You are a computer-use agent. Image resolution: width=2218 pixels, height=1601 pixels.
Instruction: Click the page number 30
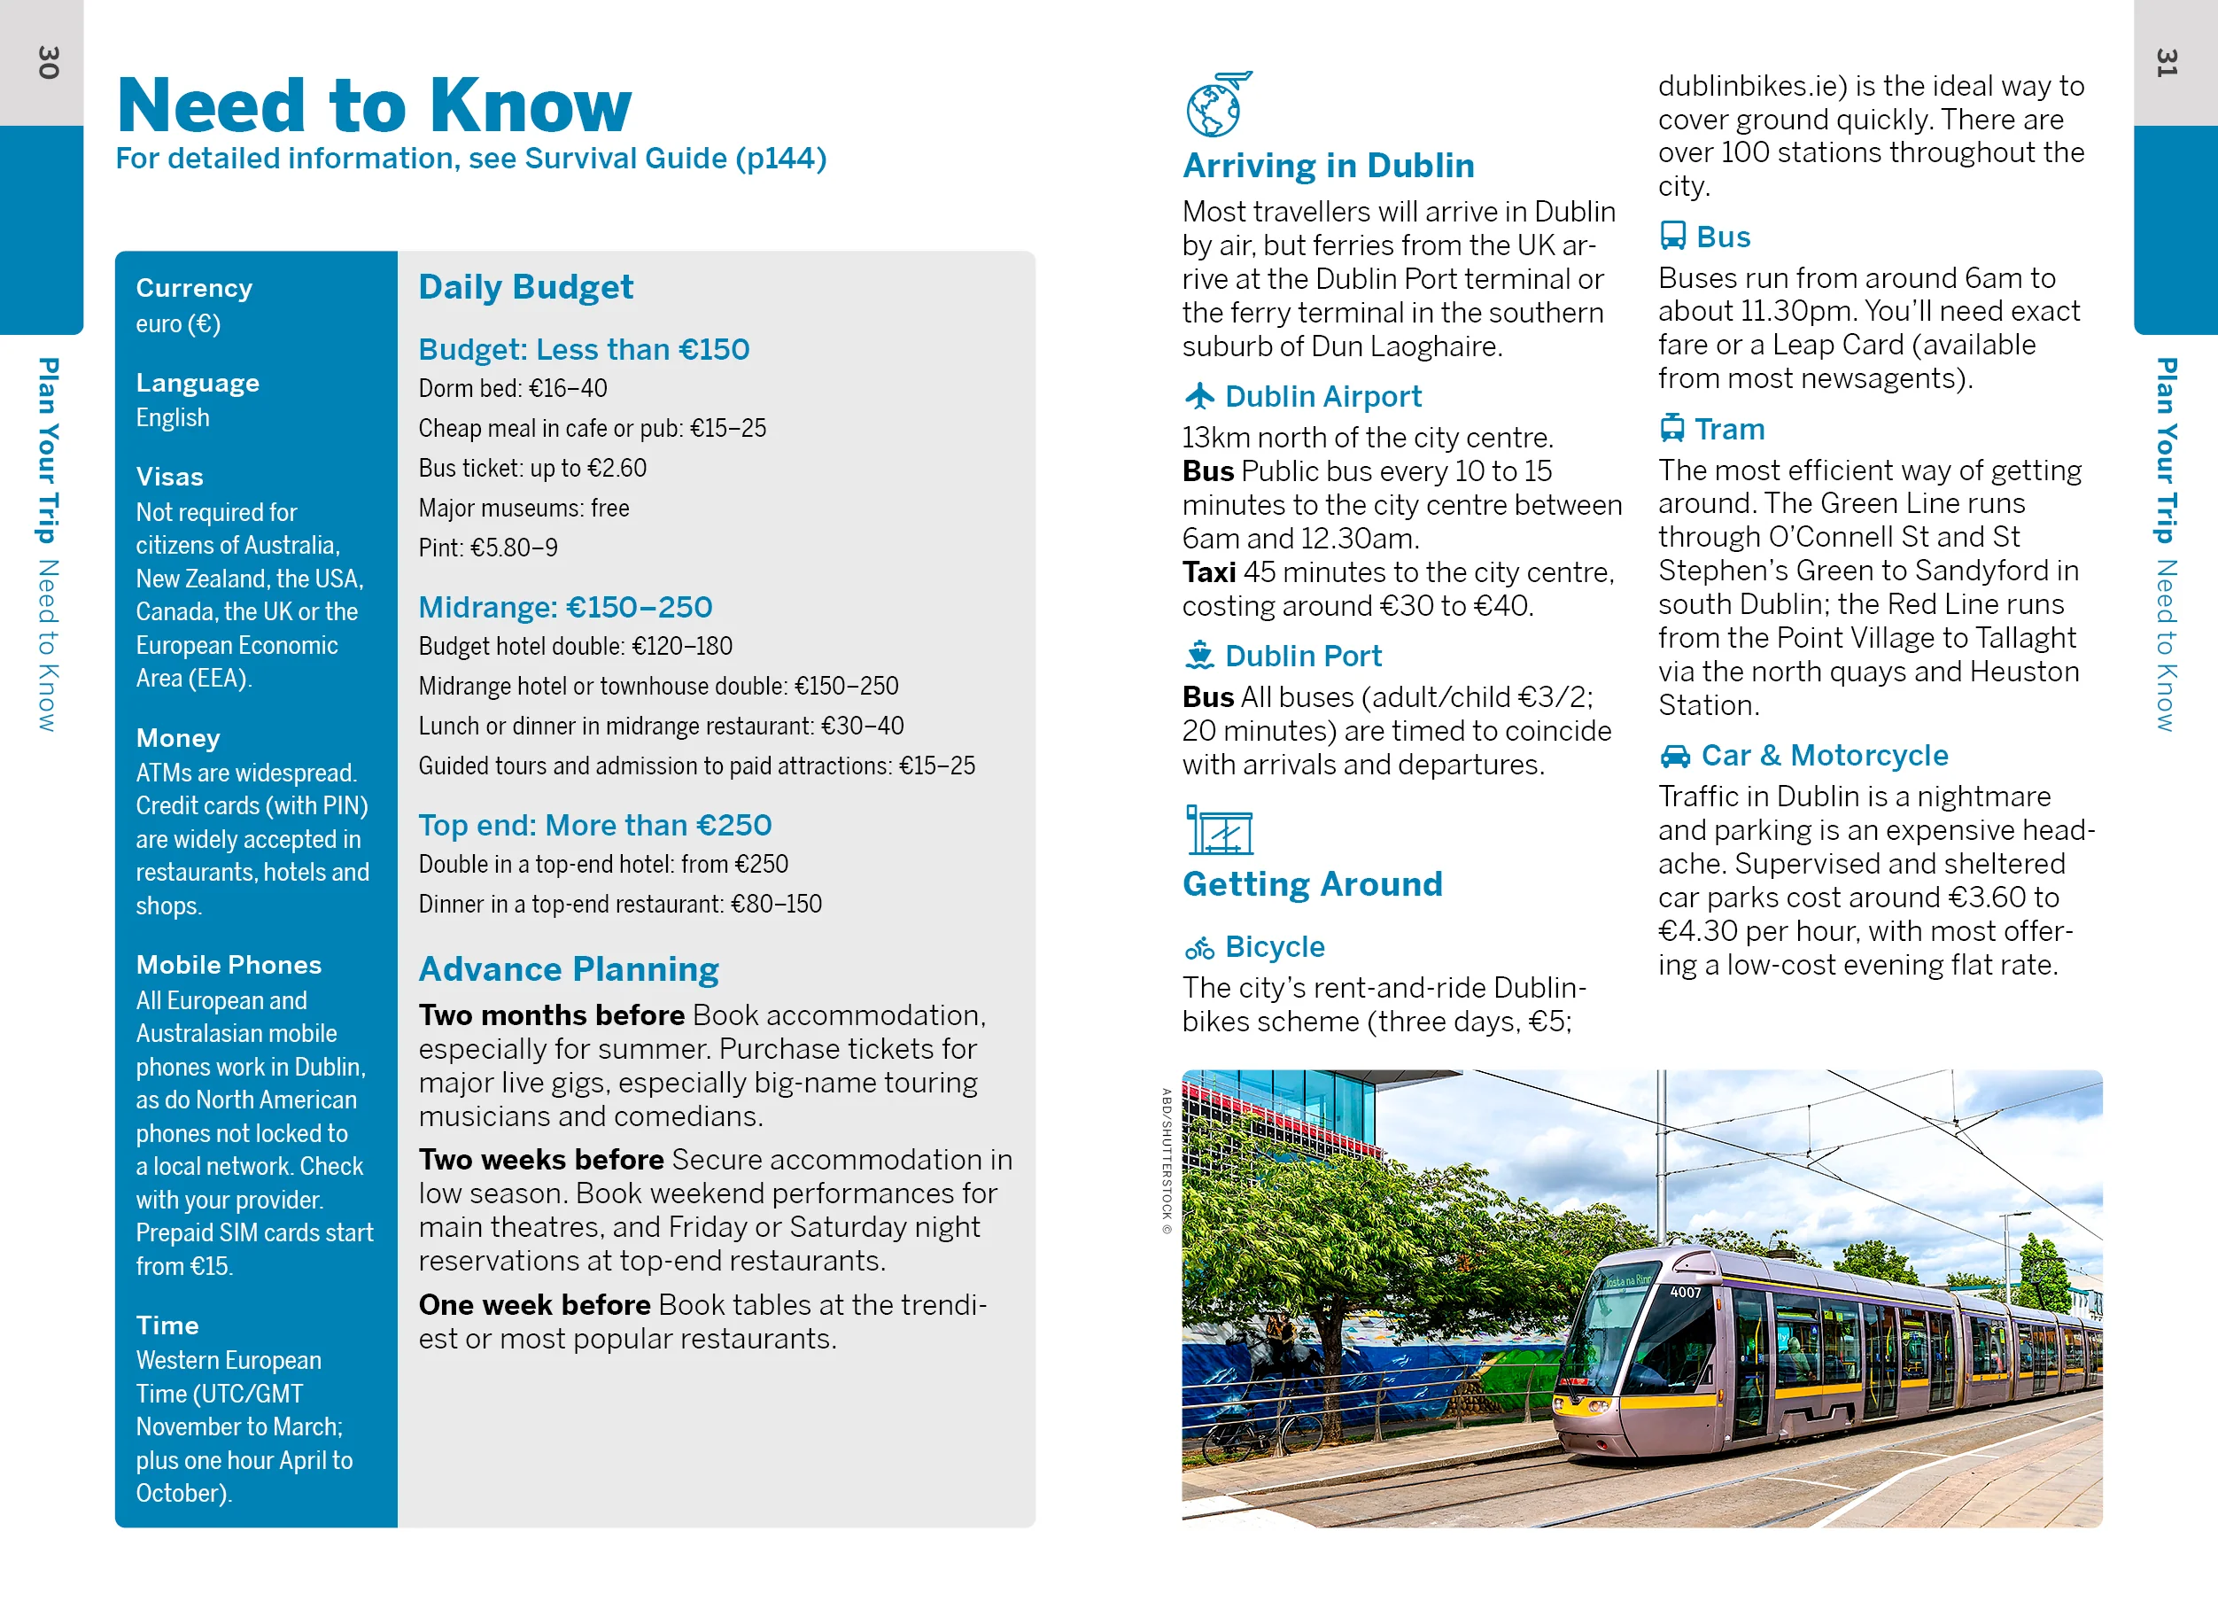(48, 63)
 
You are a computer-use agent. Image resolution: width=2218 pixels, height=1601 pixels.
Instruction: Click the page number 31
(2168, 63)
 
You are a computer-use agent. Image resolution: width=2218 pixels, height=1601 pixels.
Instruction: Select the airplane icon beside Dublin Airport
(1199, 396)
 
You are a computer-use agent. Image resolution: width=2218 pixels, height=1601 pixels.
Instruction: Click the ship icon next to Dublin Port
(1199, 654)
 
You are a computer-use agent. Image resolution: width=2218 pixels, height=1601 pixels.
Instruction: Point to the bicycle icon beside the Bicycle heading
(1199, 947)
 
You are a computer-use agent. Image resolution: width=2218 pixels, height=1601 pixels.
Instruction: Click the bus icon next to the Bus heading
(1672, 236)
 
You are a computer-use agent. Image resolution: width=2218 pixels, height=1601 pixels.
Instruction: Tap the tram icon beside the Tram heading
(1672, 428)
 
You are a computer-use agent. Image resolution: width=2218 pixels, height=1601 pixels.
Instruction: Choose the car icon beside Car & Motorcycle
(1674, 755)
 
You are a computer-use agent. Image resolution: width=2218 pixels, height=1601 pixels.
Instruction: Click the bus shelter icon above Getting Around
(1219, 830)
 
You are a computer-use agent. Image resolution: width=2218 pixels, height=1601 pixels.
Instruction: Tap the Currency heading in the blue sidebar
(194, 288)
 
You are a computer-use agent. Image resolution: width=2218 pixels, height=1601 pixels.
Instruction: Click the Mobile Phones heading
(228, 964)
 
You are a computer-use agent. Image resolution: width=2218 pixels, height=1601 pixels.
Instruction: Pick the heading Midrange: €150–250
(564, 606)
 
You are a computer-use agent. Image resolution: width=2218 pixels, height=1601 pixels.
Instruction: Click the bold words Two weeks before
(541, 1159)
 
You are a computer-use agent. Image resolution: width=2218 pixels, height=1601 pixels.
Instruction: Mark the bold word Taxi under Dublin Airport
(1208, 572)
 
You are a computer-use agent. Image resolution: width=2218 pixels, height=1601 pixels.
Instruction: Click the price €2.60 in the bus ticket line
(617, 469)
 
